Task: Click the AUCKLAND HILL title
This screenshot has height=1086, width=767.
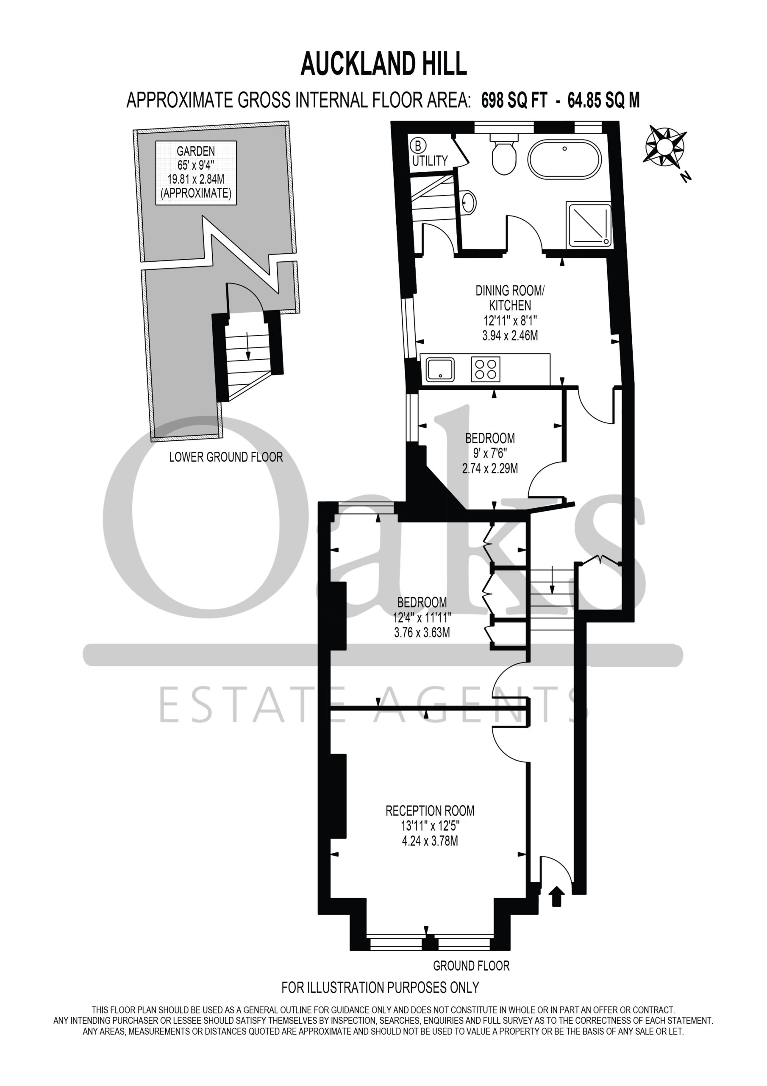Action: tap(384, 64)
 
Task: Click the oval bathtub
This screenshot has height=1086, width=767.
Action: tap(564, 160)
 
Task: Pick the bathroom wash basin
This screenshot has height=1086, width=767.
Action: tap(468, 202)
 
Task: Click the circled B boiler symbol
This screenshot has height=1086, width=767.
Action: tap(417, 144)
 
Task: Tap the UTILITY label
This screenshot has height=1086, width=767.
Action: tap(430, 161)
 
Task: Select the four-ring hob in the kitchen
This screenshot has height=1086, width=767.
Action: tap(485, 369)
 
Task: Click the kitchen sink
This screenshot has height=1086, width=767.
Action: tap(439, 369)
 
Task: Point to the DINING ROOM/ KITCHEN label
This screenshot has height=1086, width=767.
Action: tap(510, 297)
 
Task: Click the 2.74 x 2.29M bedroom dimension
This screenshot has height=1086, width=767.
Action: tap(490, 468)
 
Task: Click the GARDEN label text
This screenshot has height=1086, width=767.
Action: tap(196, 151)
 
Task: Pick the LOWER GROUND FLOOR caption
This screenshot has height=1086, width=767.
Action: tap(226, 457)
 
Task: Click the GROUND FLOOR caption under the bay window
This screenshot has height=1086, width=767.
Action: tap(471, 966)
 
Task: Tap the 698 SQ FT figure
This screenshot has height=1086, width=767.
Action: tap(514, 100)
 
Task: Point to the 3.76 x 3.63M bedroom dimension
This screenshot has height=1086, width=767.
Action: tap(422, 633)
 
